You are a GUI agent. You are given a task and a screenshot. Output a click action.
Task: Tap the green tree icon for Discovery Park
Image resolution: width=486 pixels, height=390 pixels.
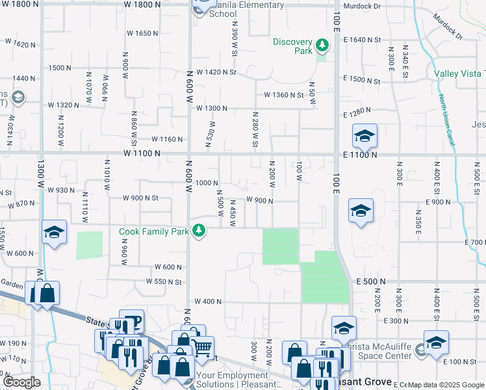tap(322, 45)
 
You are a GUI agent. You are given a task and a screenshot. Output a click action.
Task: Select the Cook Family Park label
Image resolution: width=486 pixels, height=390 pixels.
tap(153, 231)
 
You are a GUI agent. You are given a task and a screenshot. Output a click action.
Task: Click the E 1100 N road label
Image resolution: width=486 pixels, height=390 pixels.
tap(360, 155)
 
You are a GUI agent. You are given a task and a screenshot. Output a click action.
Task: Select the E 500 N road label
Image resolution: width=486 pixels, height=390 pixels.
tap(370, 281)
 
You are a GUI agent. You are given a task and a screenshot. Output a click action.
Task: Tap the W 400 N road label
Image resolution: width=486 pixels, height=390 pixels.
tap(208, 302)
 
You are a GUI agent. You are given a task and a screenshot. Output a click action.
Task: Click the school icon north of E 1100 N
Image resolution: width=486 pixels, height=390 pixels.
tap(364, 136)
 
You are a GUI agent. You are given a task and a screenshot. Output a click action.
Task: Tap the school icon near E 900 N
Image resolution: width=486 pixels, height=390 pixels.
tap(361, 211)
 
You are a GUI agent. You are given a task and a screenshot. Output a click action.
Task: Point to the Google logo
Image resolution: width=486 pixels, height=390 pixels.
tap(21, 383)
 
